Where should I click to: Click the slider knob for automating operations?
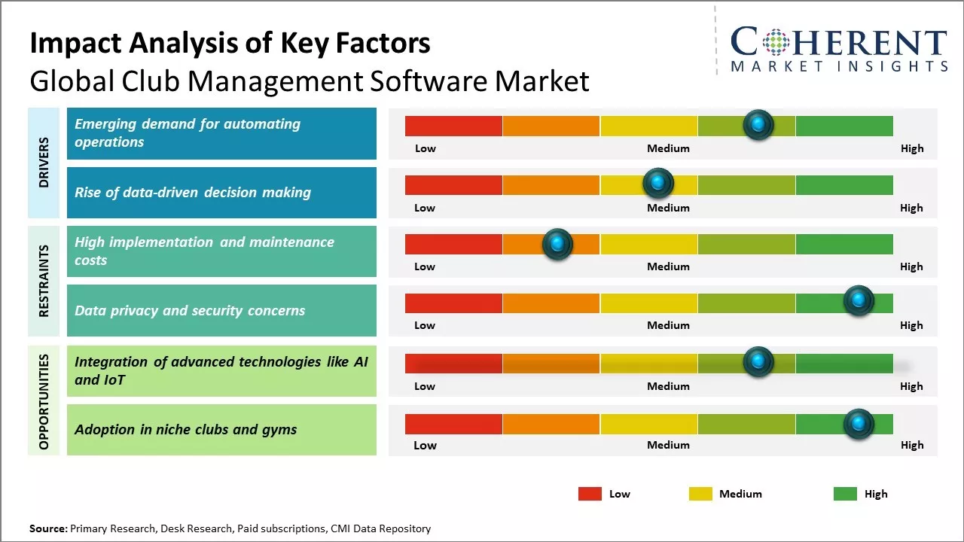coord(758,124)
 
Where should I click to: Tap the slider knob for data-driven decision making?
coord(658,182)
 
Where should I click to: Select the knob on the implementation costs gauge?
coord(557,244)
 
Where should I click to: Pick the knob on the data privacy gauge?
coord(858,301)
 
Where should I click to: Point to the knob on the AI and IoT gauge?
coord(758,362)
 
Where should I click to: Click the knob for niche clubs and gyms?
coord(858,424)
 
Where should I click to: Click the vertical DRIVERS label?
coord(44,162)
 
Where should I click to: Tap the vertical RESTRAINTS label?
coord(44,281)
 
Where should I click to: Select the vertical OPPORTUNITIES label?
coord(44,401)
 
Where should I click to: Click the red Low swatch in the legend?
coord(590,494)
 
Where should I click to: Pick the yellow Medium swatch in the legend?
coord(700,494)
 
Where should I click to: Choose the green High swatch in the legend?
coord(845,494)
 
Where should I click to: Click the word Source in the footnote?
coord(47,529)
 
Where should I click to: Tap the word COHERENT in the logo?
coord(839,43)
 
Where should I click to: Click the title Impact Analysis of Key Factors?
coord(230,44)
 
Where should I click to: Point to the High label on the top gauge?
coord(912,148)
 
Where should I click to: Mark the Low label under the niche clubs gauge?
coord(425,445)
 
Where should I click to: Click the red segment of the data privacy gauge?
coord(453,303)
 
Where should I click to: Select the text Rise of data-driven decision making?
coord(193,193)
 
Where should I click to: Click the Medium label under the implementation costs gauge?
coord(668,266)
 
